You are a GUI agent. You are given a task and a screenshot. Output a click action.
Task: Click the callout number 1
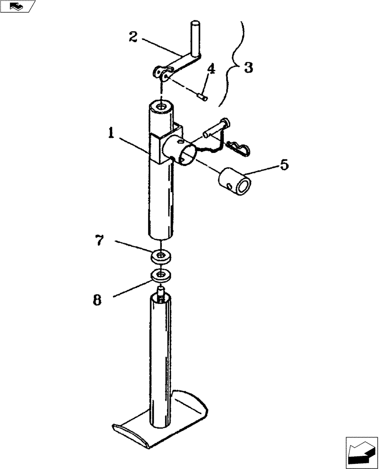(111, 134)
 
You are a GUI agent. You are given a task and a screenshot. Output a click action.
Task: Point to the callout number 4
(211, 69)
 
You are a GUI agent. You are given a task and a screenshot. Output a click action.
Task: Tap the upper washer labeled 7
(161, 256)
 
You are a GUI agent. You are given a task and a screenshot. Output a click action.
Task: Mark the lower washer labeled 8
(161, 275)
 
